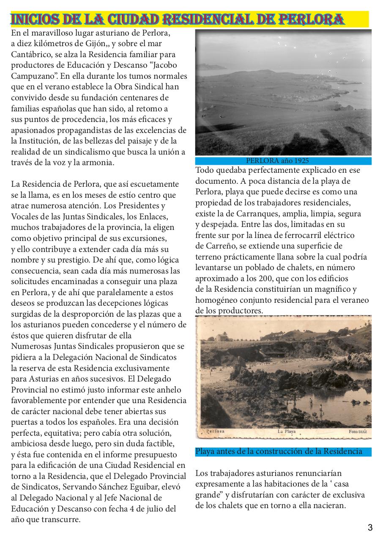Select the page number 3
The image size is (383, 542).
pos(370,528)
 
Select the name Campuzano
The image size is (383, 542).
pos(34,76)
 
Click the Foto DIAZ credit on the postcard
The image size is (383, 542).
pos(358,431)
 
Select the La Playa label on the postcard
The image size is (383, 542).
pos(286,431)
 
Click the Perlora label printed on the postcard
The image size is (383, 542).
pos(216,431)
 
